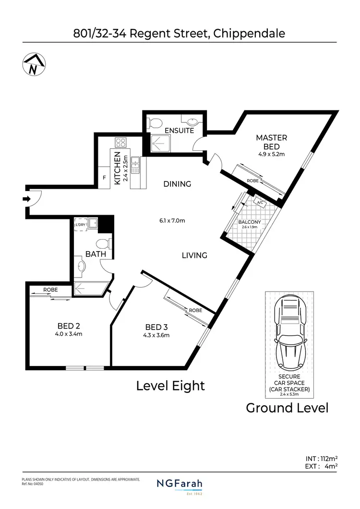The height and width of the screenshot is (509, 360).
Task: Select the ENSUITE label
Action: pos(179,131)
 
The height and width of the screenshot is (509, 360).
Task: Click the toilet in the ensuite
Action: pos(155,123)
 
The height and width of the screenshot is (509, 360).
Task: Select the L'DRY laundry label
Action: pos(81,224)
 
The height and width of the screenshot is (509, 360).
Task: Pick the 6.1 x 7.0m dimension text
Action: pos(172,221)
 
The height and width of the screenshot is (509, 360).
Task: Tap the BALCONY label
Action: pos(250,222)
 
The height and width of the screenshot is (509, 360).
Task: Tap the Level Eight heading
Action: pos(170,386)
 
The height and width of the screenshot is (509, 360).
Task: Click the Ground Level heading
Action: pos(287,408)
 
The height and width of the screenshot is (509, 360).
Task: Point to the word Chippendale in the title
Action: pos(249,33)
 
